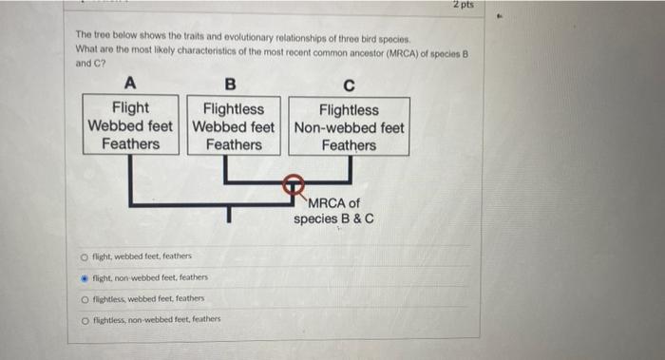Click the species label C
(x=349, y=84)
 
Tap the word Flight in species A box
(x=131, y=109)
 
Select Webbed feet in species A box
(x=131, y=126)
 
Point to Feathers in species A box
(x=131, y=144)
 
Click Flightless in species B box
(x=234, y=109)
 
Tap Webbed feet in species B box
(x=234, y=126)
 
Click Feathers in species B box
(x=234, y=144)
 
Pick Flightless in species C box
(x=349, y=110)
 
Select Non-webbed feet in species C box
(x=349, y=127)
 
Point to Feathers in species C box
(x=349, y=145)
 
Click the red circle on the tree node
(x=296, y=183)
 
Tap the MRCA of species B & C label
(x=333, y=211)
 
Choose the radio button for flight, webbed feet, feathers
(x=84, y=256)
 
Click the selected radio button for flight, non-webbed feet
(x=84, y=277)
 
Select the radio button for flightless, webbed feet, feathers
(x=84, y=298)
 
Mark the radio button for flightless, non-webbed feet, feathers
(x=84, y=319)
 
